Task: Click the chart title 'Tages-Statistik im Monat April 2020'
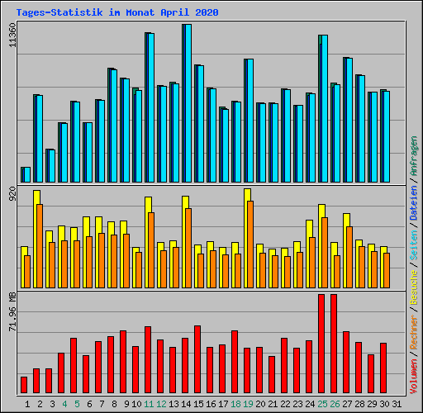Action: click(x=117, y=13)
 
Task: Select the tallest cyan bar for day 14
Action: click(x=187, y=103)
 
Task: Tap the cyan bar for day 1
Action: click(x=26, y=174)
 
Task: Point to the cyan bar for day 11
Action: click(x=150, y=107)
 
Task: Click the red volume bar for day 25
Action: click(x=321, y=344)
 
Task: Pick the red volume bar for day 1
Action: click(x=24, y=385)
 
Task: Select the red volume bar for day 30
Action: click(x=383, y=368)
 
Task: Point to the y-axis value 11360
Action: click(x=11, y=36)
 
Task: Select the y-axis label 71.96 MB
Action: click(x=11, y=311)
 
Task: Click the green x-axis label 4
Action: click(x=64, y=404)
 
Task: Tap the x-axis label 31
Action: click(x=396, y=404)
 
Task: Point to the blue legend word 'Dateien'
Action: click(x=414, y=202)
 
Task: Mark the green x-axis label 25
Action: click(x=322, y=404)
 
